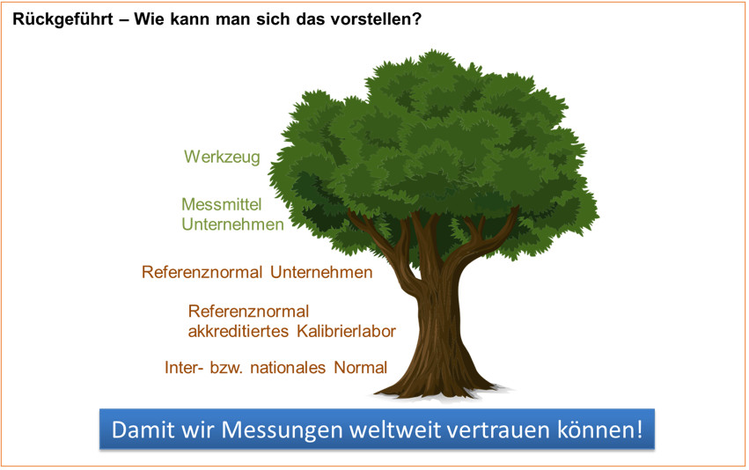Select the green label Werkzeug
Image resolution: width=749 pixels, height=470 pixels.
pyautogui.click(x=222, y=157)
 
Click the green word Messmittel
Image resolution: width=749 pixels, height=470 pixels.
pyautogui.click(x=221, y=204)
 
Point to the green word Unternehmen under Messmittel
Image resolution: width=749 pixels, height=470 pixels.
pyautogui.click(x=232, y=224)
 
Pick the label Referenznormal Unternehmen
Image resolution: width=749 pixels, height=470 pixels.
pyautogui.click(x=257, y=272)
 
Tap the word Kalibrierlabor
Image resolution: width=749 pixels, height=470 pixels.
pyautogui.click(x=348, y=332)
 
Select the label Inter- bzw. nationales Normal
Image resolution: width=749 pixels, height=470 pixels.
pyautogui.click(x=275, y=367)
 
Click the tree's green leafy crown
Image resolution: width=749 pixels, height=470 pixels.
pyautogui.click(x=431, y=141)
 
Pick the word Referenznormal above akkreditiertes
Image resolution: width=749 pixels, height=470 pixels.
pyautogui.click(x=248, y=312)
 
